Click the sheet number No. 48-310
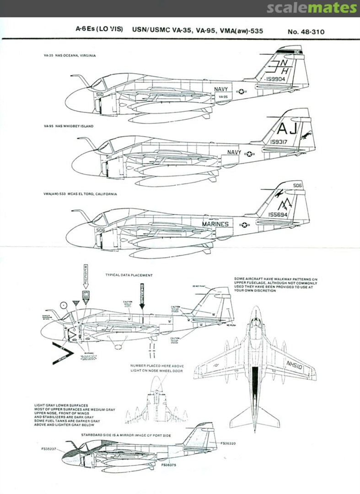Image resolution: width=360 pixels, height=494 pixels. tap(309, 32)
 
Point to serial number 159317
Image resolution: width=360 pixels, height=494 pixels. tap(275, 142)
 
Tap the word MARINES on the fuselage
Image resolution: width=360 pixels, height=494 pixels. tap(215, 224)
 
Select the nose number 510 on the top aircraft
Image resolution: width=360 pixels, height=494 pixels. tap(100, 95)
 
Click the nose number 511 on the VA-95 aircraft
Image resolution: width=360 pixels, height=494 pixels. tap(109, 157)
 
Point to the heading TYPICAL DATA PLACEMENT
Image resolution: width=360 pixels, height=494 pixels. tap(129, 275)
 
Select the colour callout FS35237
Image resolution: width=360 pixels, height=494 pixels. tap(48, 449)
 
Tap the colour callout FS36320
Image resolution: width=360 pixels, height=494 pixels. tap(230, 443)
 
